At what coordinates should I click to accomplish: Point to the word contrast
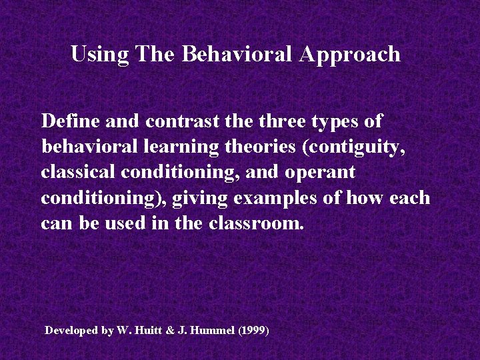pyautogui.click(x=183, y=122)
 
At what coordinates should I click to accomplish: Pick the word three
pyautogui.click(x=283, y=122)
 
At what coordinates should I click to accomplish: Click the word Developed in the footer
pyautogui.click(x=71, y=331)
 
